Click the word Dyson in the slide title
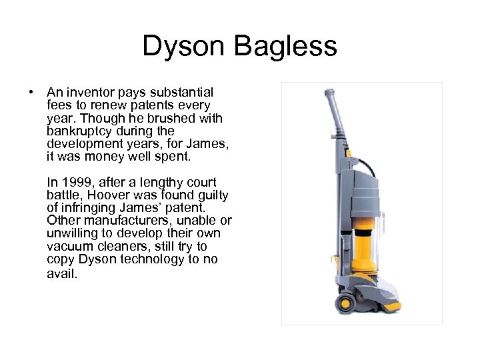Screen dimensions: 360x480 coord(184,47)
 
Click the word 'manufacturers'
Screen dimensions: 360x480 coord(126,221)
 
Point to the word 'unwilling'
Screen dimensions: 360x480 coord(73,233)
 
